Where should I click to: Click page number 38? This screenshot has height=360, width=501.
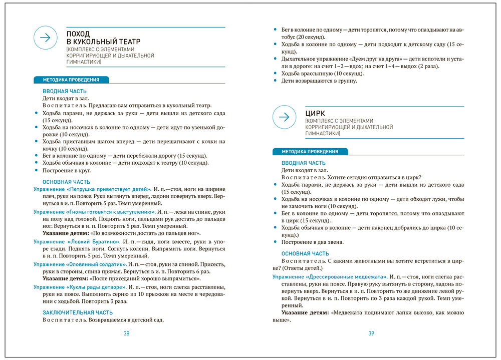pyautogui.click(x=126, y=334)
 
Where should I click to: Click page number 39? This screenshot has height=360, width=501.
pyautogui.click(x=371, y=334)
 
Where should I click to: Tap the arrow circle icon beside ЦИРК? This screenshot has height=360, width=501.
pyautogui.click(x=284, y=117)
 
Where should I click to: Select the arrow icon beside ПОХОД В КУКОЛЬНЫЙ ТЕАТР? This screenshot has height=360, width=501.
pyautogui.click(x=45, y=38)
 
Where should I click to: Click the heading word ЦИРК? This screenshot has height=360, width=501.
pyautogui.click(x=315, y=114)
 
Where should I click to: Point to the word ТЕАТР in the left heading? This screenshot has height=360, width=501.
pyautogui.click(x=129, y=42)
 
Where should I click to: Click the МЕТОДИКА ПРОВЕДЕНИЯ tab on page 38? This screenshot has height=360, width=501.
pyautogui.click(x=71, y=80)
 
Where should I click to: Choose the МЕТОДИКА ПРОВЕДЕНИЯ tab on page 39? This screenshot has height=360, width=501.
pyautogui.click(x=310, y=152)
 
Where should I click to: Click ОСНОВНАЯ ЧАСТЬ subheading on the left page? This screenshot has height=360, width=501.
pyautogui.click(x=66, y=182)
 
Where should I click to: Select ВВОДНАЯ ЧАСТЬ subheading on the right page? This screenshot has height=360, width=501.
pyautogui.click(x=303, y=163)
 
